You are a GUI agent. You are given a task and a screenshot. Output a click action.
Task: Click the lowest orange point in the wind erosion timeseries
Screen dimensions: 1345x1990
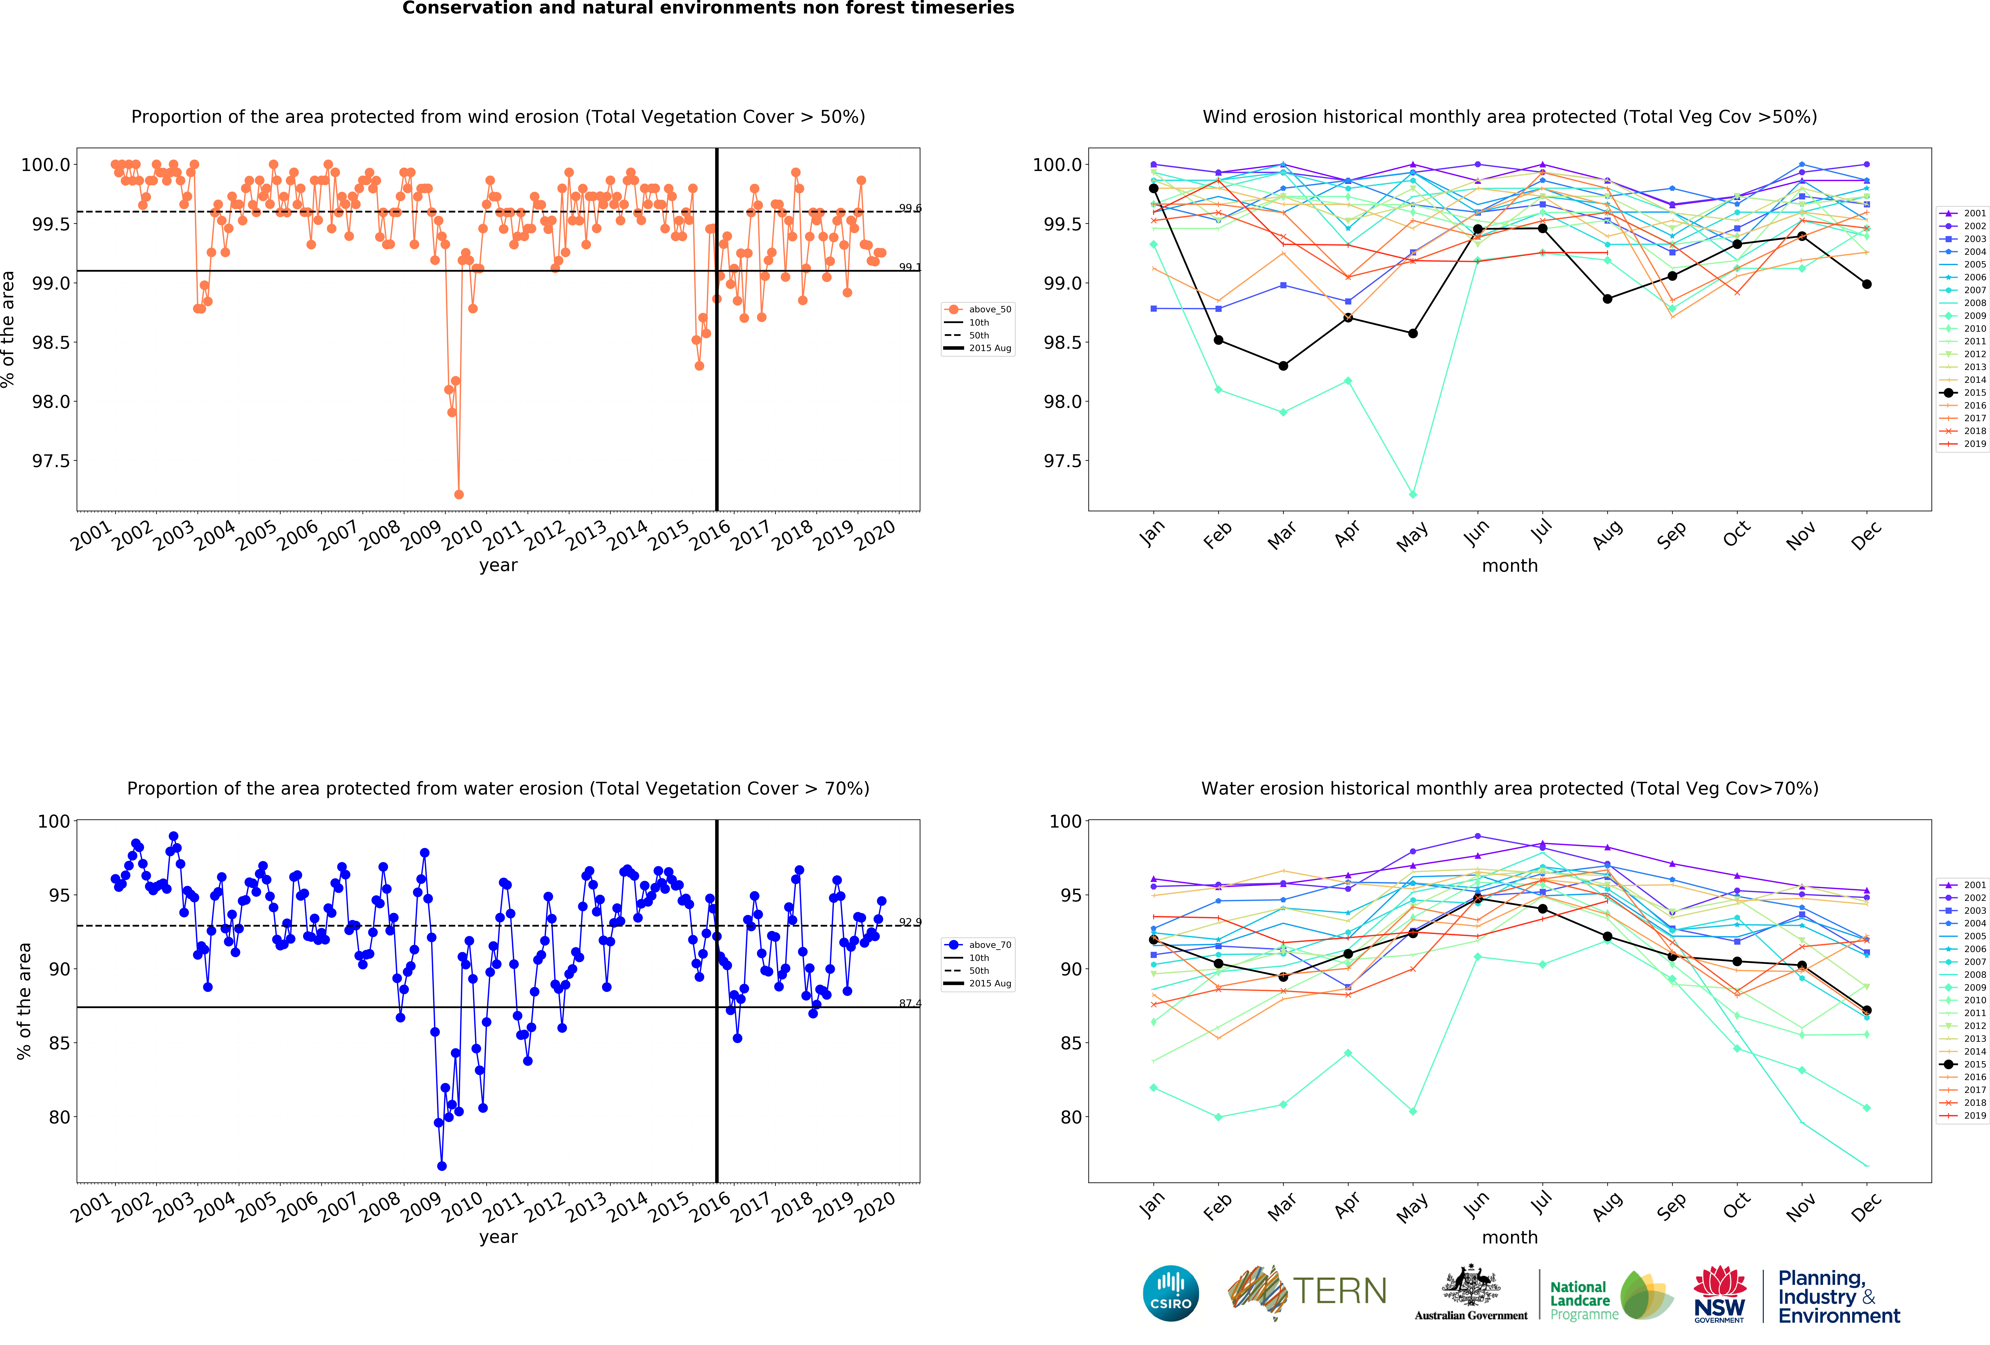(x=459, y=494)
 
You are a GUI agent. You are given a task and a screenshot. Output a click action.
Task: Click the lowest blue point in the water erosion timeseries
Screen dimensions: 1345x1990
(x=442, y=1166)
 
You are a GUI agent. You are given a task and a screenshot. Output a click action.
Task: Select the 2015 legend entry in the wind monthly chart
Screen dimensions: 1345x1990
(x=1966, y=392)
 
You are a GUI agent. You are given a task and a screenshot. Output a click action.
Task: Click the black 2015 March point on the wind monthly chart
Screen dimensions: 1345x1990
(x=1283, y=366)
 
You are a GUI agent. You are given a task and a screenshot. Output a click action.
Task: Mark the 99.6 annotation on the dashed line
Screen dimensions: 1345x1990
(x=909, y=208)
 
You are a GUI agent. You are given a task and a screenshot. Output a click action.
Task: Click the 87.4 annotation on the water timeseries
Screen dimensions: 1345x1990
(x=909, y=1003)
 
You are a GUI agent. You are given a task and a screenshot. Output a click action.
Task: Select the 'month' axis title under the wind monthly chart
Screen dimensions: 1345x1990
(x=1510, y=565)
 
